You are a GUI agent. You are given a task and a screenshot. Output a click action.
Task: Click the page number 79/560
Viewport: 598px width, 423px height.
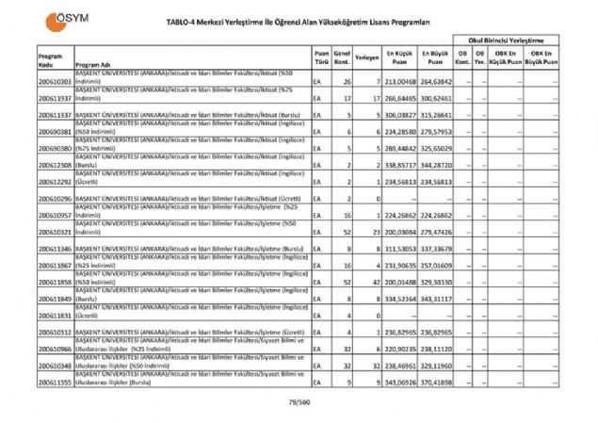coord(299,402)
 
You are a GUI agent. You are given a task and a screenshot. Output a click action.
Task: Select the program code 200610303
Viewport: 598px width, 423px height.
coord(55,82)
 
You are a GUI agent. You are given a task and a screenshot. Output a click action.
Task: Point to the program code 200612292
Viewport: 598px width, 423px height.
coord(55,182)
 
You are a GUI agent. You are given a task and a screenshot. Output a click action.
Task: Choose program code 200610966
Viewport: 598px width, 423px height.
coord(55,349)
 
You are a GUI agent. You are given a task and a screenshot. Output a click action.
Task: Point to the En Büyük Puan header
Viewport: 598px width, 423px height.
coord(434,57)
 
